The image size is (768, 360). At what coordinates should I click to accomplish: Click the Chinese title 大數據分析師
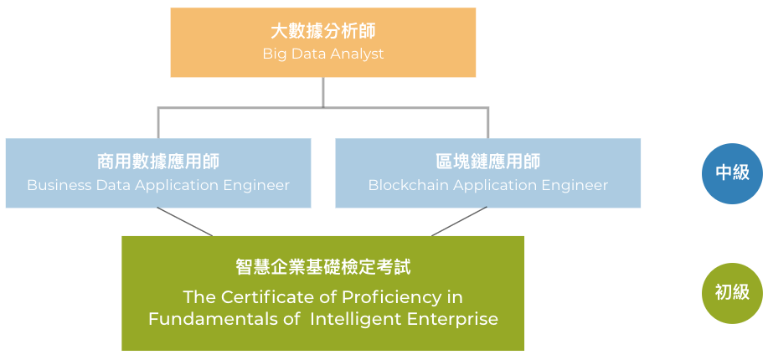click(x=323, y=31)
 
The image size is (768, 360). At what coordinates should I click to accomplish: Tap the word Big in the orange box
click(x=273, y=54)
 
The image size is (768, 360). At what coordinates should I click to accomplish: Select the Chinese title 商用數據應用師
click(x=158, y=162)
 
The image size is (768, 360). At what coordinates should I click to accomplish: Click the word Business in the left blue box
click(x=59, y=185)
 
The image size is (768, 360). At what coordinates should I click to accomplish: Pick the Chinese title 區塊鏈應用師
click(x=487, y=162)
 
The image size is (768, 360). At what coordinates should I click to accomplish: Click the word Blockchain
click(x=409, y=185)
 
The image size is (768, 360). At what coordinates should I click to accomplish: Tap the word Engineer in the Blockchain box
click(x=575, y=186)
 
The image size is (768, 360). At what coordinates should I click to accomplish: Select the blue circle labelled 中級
click(x=732, y=173)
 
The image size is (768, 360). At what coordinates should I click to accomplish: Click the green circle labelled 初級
click(x=732, y=293)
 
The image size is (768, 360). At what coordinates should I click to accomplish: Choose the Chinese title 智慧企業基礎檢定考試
click(x=323, y=267)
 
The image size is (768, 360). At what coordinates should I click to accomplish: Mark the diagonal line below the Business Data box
click(x=184, y=221)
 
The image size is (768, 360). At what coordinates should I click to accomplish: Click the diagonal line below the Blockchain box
click(x=460, y=221)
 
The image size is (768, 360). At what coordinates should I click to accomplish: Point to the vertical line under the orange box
click(x=323, y=92)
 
